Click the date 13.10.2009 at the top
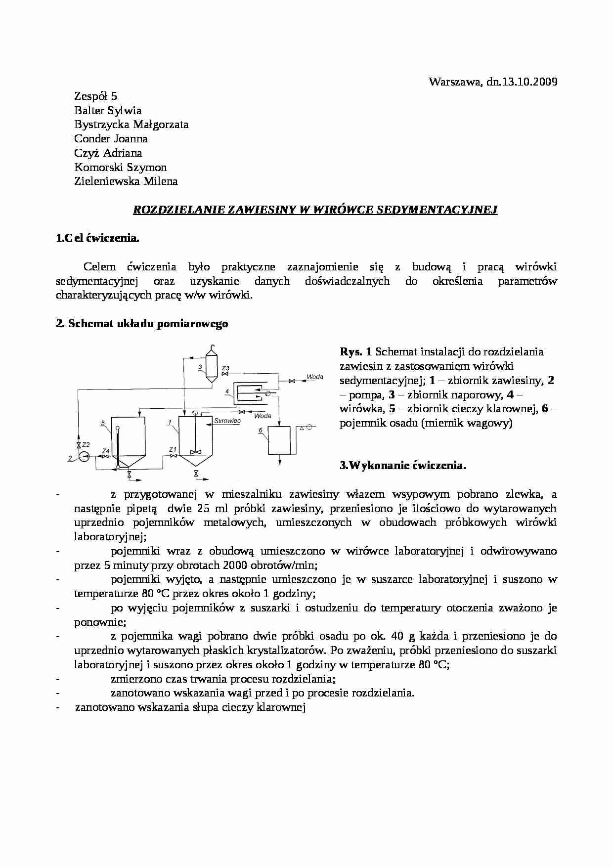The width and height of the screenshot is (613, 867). coord(529,82)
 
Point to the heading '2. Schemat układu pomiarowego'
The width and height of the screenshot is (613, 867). coord(142,324)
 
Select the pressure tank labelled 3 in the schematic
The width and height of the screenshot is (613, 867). coord(212,366)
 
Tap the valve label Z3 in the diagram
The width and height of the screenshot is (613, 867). coord(225,368)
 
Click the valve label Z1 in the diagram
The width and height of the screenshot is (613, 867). coord(173,449)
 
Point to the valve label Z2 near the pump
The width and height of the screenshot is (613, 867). coord(86,444)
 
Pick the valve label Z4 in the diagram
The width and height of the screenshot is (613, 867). coord(105,451)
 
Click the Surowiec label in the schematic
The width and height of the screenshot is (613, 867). coord(227,421)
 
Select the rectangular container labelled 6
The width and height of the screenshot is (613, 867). coord(280,440)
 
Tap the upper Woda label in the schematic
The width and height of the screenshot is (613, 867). coord(315,377)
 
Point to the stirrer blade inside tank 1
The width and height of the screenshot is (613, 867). coord(196,452)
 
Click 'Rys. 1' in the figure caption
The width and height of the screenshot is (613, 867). coord(355,352)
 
